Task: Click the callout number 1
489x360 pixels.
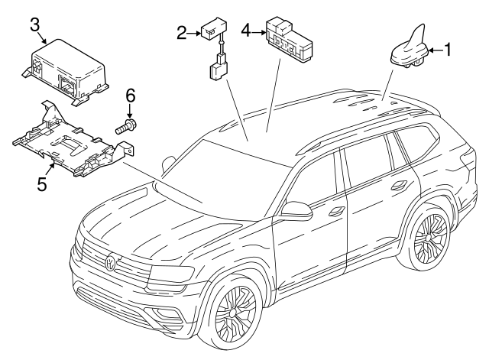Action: click(449, 50)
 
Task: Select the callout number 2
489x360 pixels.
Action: click(181, 32)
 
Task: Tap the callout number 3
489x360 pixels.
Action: click(35, 24)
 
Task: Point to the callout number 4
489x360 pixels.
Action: click(246, 31)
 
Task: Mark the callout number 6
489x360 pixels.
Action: click(130, 96)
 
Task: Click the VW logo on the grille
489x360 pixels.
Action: click(112, 264)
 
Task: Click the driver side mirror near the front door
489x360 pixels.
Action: click(294, 209)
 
